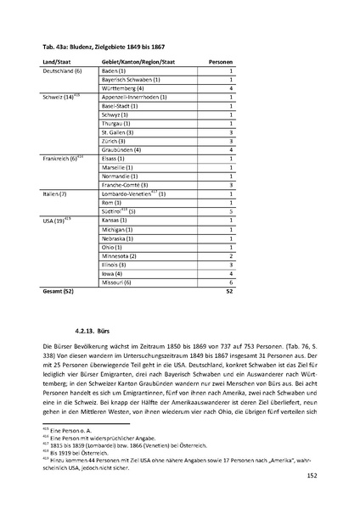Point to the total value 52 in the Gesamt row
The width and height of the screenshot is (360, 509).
point(230,291)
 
